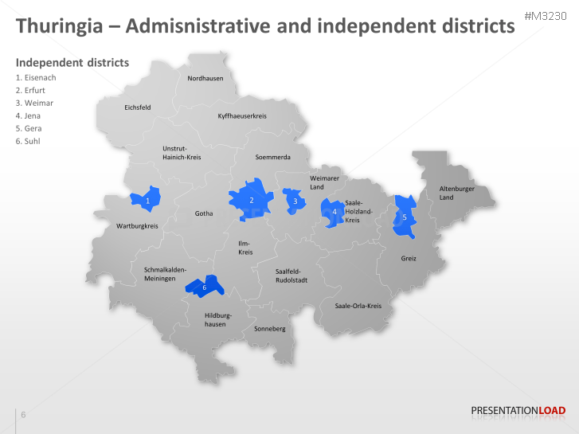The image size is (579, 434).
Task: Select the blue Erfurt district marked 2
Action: point(251,199)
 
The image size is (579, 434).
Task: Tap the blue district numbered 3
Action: point(295,201)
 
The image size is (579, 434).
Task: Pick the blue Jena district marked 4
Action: point(333,212)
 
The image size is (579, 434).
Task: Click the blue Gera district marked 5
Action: point(405,217)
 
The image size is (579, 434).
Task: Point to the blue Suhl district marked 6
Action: point(205,286)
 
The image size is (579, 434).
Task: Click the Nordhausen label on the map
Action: point(205,78)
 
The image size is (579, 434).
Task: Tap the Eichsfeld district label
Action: point(137,107)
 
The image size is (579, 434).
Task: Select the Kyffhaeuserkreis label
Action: point(242,116)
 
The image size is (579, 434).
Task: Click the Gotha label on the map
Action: point(204,213)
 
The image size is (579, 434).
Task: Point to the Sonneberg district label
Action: point(269,328)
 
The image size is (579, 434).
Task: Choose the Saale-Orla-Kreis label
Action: point(358,306)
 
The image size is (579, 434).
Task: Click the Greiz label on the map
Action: point(409,259)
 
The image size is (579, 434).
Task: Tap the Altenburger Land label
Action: point(456,193)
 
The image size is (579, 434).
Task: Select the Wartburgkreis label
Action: point(137,226)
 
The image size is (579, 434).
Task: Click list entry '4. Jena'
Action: point(28,115)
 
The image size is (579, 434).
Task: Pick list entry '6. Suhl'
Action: point(28,141)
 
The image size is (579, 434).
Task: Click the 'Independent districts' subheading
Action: point(72,63)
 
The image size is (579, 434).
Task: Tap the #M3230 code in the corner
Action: point(550,16)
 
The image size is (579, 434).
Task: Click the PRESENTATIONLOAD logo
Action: point(518,411)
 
